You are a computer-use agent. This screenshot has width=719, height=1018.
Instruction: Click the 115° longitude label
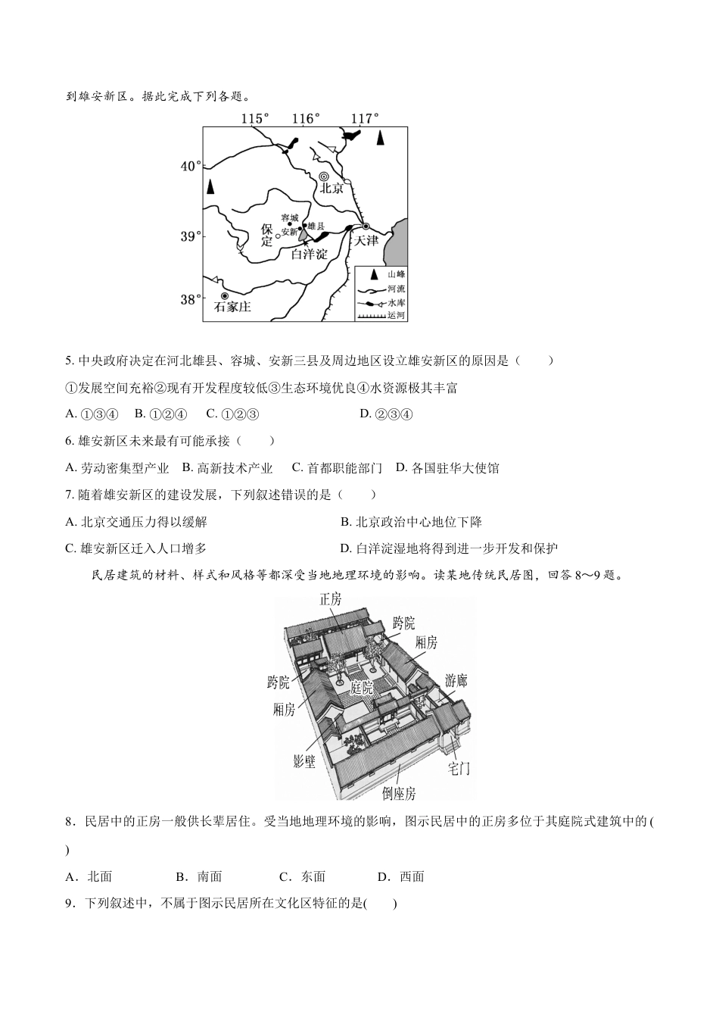pyautogui.click(x=255, y=118)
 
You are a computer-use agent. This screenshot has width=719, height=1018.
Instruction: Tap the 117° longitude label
pyautogui.click(x=365, y=118)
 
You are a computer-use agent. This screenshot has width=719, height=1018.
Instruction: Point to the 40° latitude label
pyautogui.click(x=191, y=166)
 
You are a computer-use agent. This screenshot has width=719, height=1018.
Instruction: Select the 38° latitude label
pyautogui.click(x=191, y=299)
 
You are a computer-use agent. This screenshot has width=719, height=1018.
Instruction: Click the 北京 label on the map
pyautogui.click(x=331, y=189)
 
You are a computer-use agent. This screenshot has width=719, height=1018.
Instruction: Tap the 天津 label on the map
pyautogui.click(x=366, y=240)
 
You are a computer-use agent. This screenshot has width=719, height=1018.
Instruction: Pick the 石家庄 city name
pyautogui.click(x=232, y=308)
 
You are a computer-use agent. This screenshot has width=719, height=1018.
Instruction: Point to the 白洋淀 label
pyautogui.click(x=310, y=254)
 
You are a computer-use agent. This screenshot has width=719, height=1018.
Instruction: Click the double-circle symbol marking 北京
pyautogui.click(x=324, y=176)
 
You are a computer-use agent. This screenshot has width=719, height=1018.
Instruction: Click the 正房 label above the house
pyautogui.click(x=330, y=599)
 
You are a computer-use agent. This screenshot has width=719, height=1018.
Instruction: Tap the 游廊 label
pyautogui.click(x=456, y=679)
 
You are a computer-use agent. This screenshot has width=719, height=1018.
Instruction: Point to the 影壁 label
pyautogui.click(x=304, y=761)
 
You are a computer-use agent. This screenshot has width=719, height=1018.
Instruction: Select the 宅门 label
pyautogui.click(x=459, y=768)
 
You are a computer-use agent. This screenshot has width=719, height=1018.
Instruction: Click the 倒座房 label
pyautogui.click(x=399, y=793)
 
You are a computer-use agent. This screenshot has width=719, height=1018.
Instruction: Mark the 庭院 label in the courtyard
pyautogui.click(x=362, y=688)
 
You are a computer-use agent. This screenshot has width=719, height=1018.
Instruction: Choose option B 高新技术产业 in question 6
pyautogui.click(x=228, y=468)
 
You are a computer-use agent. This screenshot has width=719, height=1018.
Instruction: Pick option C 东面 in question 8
pyautogui.click(x=303, y=876)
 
